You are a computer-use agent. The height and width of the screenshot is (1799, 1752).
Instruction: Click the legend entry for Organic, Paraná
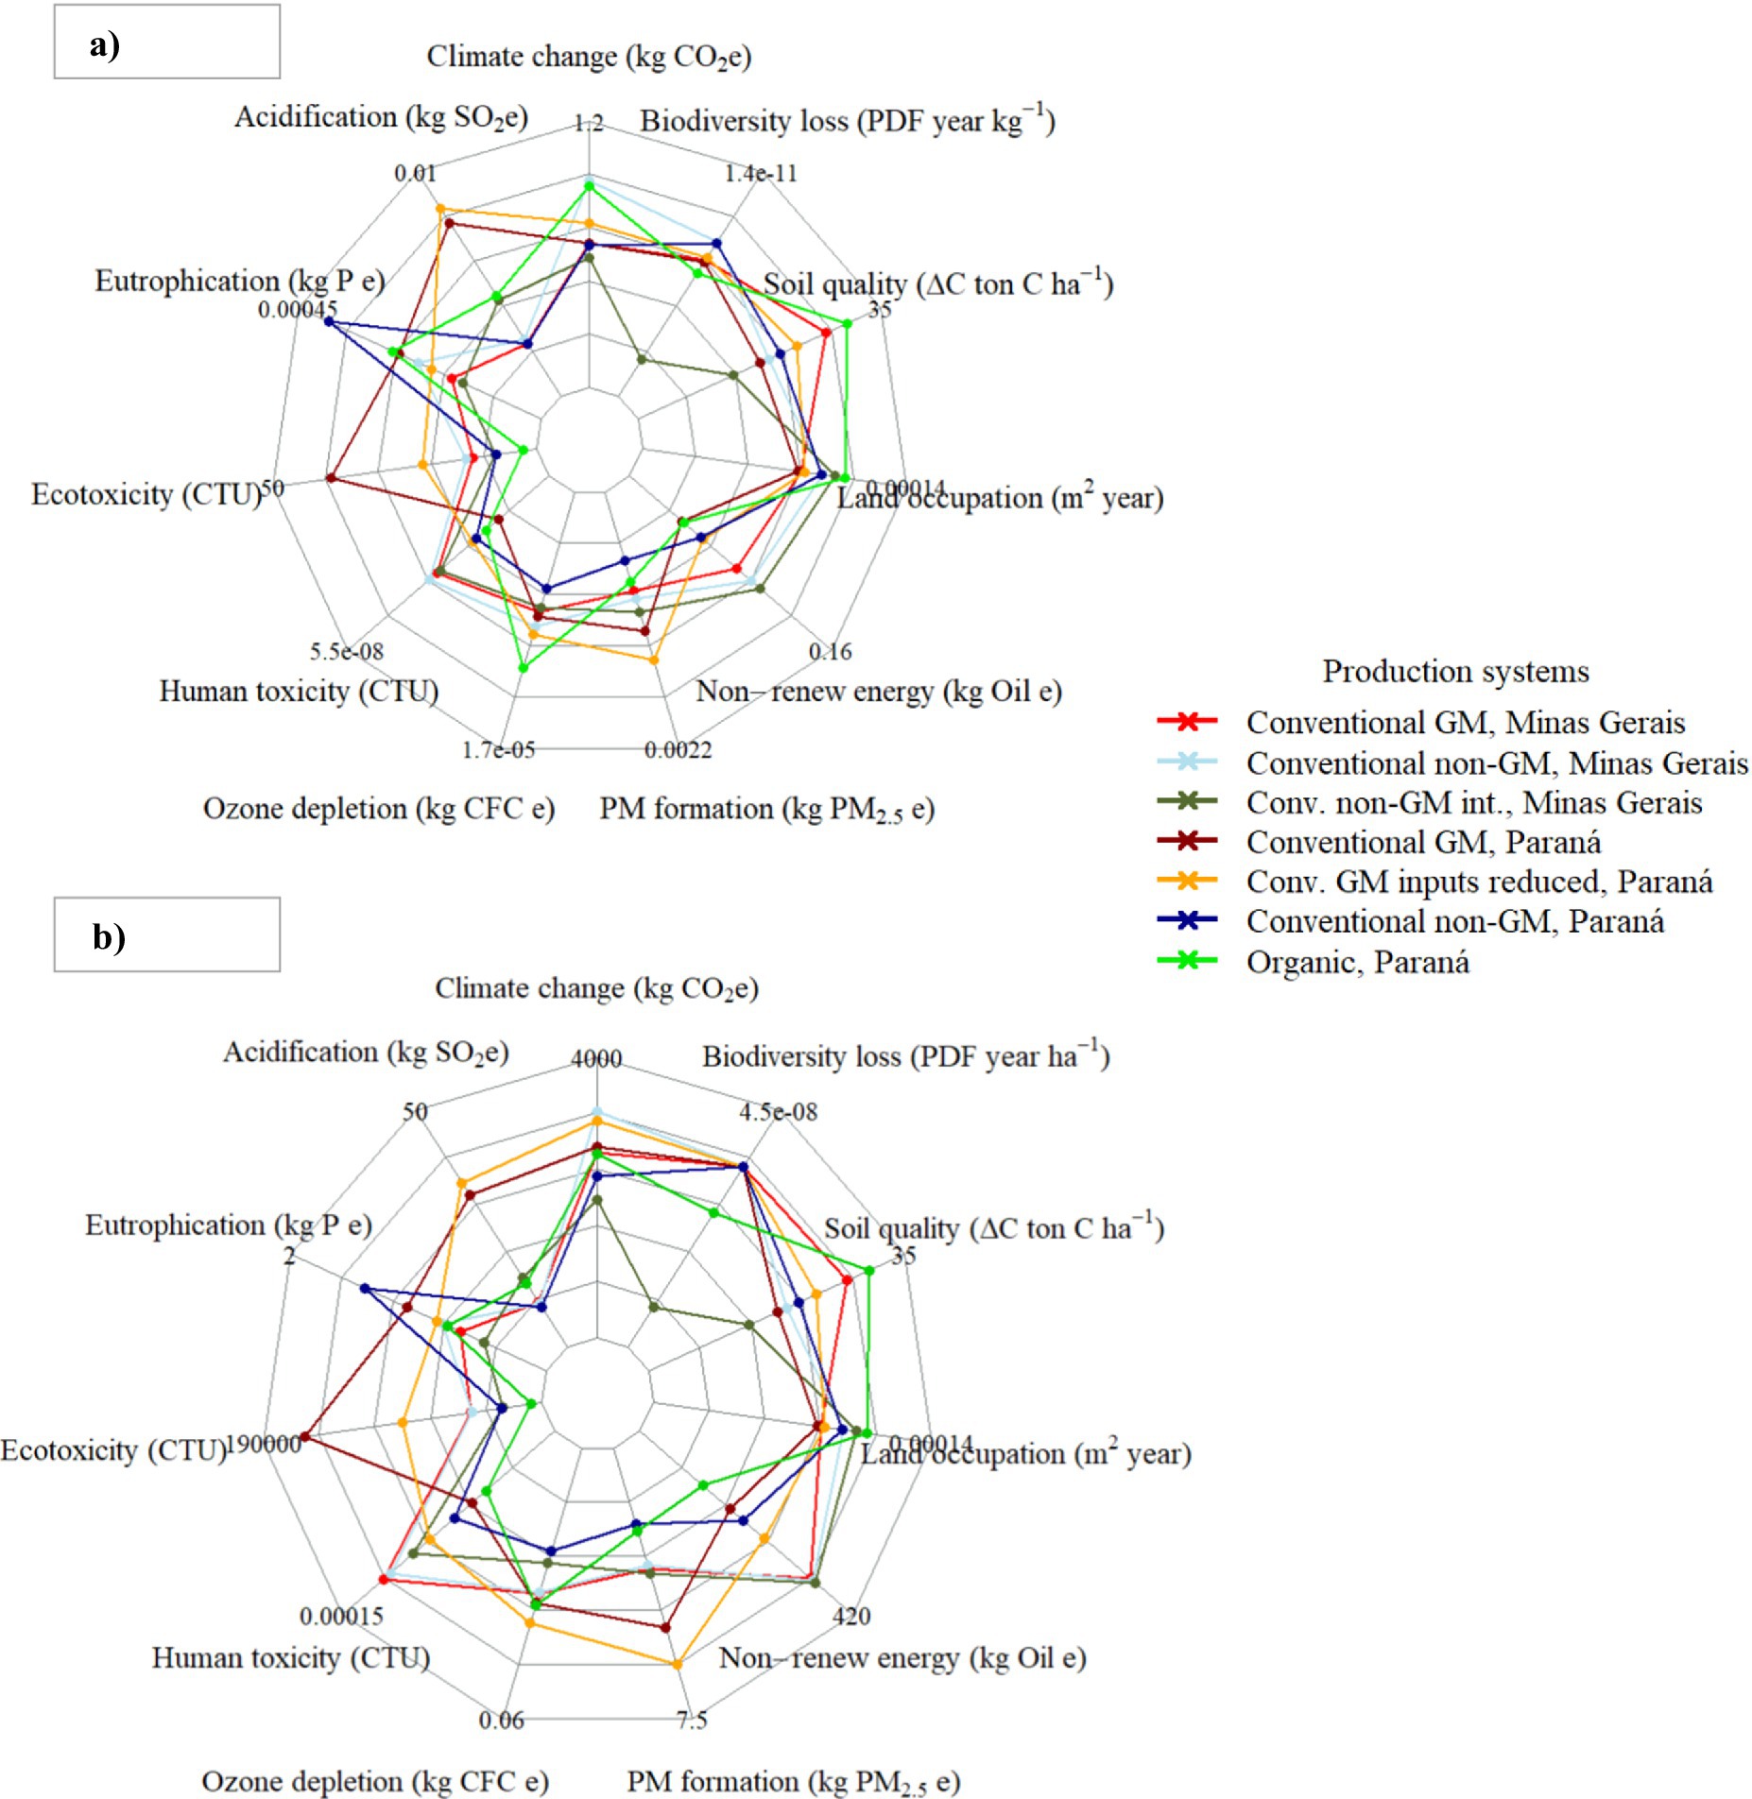pyautogui.click(x=1357, y=962)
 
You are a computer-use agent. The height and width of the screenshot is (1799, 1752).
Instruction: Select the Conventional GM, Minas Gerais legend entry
pyautogui.click(x=1465, y=723)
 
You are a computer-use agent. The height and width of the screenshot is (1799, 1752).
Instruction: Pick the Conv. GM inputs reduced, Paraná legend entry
pyautogui.click(x=1479, y=882)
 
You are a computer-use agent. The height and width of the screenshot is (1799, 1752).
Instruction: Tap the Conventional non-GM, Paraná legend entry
pyautogui.click(x=1454, y=921)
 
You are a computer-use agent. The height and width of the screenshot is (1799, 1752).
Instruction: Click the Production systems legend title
pyautogui.click(x=1455, y=671)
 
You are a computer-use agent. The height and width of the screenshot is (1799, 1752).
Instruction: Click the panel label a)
pyautogui.click(x=106, y=43)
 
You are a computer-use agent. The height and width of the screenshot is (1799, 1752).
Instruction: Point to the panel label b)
pyautogui.click(x=110, y=936)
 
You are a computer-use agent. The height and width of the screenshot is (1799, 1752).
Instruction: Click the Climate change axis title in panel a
pyautogui.click(x=589, y=57)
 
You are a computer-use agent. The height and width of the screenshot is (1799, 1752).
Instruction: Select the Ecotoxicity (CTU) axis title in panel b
pyautogui.click(x=113, y=1450)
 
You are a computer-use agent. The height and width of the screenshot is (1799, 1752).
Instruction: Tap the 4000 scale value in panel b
pyautogui.click(x=596, y=1058)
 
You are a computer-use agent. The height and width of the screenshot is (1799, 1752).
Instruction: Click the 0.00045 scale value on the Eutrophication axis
pyautogui.click(x=298, y=310)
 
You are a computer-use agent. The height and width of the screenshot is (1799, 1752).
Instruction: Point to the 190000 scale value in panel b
pyautogui.click(x=264, y=1445)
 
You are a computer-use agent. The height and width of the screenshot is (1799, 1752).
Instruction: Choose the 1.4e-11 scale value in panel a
pyautogui.click(x=761, y=174)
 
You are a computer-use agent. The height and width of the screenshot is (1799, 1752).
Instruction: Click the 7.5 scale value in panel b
pyautogui.click(x=691, y=1720)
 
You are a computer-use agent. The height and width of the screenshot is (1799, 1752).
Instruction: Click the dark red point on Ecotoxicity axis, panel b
pyautogui.click(x=305, y=1437)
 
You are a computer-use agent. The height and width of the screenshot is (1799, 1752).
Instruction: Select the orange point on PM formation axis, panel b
pyautogui.click(x=677, y=1664)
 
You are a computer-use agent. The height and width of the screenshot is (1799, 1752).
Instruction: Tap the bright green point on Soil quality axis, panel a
pyautogui.click(x=848, y=324)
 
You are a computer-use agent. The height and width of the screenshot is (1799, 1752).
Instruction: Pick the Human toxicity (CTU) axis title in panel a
pyautogui.click(x=299, y=692)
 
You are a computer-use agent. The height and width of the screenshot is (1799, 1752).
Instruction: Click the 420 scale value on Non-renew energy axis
pyautogui.click(x=850, y=1616)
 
